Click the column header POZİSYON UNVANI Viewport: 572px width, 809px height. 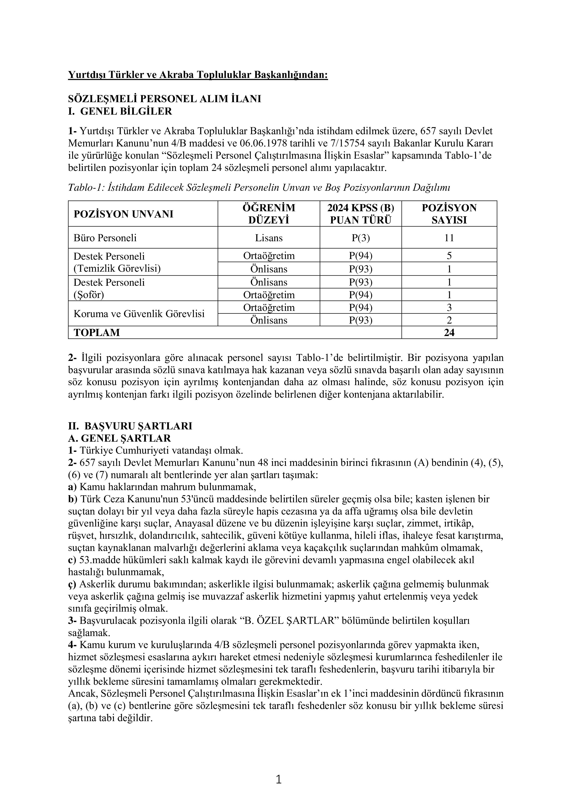click(x=123, y=214)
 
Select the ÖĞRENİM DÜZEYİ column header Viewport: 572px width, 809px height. click(x=269, y=214)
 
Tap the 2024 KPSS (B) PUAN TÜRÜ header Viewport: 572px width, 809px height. click(x=361, y=214)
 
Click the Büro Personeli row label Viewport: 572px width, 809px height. click(x=105, y=238)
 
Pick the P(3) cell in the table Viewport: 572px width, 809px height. click(x=361, y=238)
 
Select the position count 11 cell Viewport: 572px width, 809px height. click(x=449, y=238)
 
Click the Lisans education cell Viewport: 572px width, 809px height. click(x=269, y=238)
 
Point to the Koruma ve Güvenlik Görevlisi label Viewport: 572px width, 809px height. click(x=139, y=314)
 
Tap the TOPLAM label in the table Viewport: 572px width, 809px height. click(x=97, y=333)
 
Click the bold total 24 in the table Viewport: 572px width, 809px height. click(x=449, y=333)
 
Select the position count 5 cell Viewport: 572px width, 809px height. click(x=449, y=256)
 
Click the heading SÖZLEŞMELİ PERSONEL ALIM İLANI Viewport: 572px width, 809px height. click(x=164, y=99)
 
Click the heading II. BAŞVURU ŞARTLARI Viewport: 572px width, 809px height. click(x=130, y=426)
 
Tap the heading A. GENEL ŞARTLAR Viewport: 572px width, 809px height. click(x=119, y=438)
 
